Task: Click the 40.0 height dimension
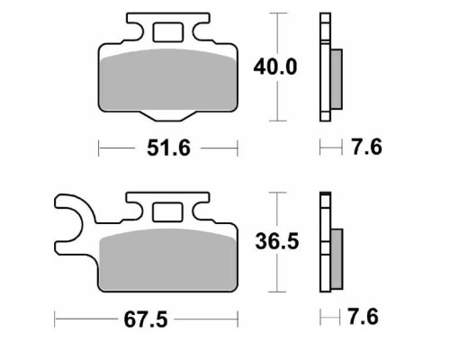tap(275, 67)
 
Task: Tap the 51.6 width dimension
tap(168, 148)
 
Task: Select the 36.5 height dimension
tap(277, 241)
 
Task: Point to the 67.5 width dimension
tap(146, 319)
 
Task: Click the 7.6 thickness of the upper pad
tap(366, 147)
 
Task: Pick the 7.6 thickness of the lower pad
tap(363, 317)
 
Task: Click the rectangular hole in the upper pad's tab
tap(167, 32)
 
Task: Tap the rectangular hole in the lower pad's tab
tap(167, 212)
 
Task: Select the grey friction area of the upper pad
tap(168, 79)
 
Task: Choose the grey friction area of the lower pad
tap(168, 260)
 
